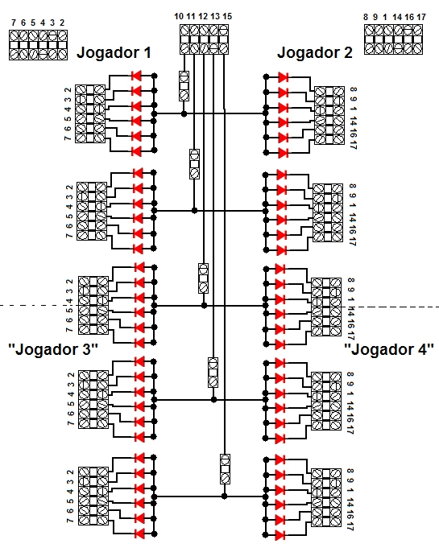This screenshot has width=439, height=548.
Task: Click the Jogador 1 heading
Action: click(114, 52)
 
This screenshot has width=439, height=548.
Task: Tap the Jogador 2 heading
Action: click(314, 52)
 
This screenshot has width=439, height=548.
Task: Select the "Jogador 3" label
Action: click(53, 349)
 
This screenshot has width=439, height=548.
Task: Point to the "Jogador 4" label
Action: click(389, 349)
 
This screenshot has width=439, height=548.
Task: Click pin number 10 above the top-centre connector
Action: click(179, 16)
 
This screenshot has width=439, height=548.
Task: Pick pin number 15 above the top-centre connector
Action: click(227, 16)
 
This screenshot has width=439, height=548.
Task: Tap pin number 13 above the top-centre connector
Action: click(215, 16)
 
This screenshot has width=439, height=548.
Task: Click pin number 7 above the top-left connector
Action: click(14, 23)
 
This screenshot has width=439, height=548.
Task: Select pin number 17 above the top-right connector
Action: click(421, 17)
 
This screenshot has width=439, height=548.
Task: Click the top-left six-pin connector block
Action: click(38, 45)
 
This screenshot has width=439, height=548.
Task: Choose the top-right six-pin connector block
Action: click(393, 39)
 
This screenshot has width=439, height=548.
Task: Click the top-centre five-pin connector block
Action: click(205, 39)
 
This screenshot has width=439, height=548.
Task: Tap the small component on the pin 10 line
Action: click(184, 86)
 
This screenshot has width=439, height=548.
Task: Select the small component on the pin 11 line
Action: click(194, 164)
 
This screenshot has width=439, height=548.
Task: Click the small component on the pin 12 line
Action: click(203, 278)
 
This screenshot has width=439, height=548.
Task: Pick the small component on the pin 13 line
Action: click(213, 373)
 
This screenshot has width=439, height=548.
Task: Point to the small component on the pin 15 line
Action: click(226, 469)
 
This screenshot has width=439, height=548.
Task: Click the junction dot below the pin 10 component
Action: click(184, 114)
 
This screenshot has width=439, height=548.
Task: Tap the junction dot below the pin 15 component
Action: click(225, 496)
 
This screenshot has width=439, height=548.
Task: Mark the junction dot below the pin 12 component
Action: click(205, 306)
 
